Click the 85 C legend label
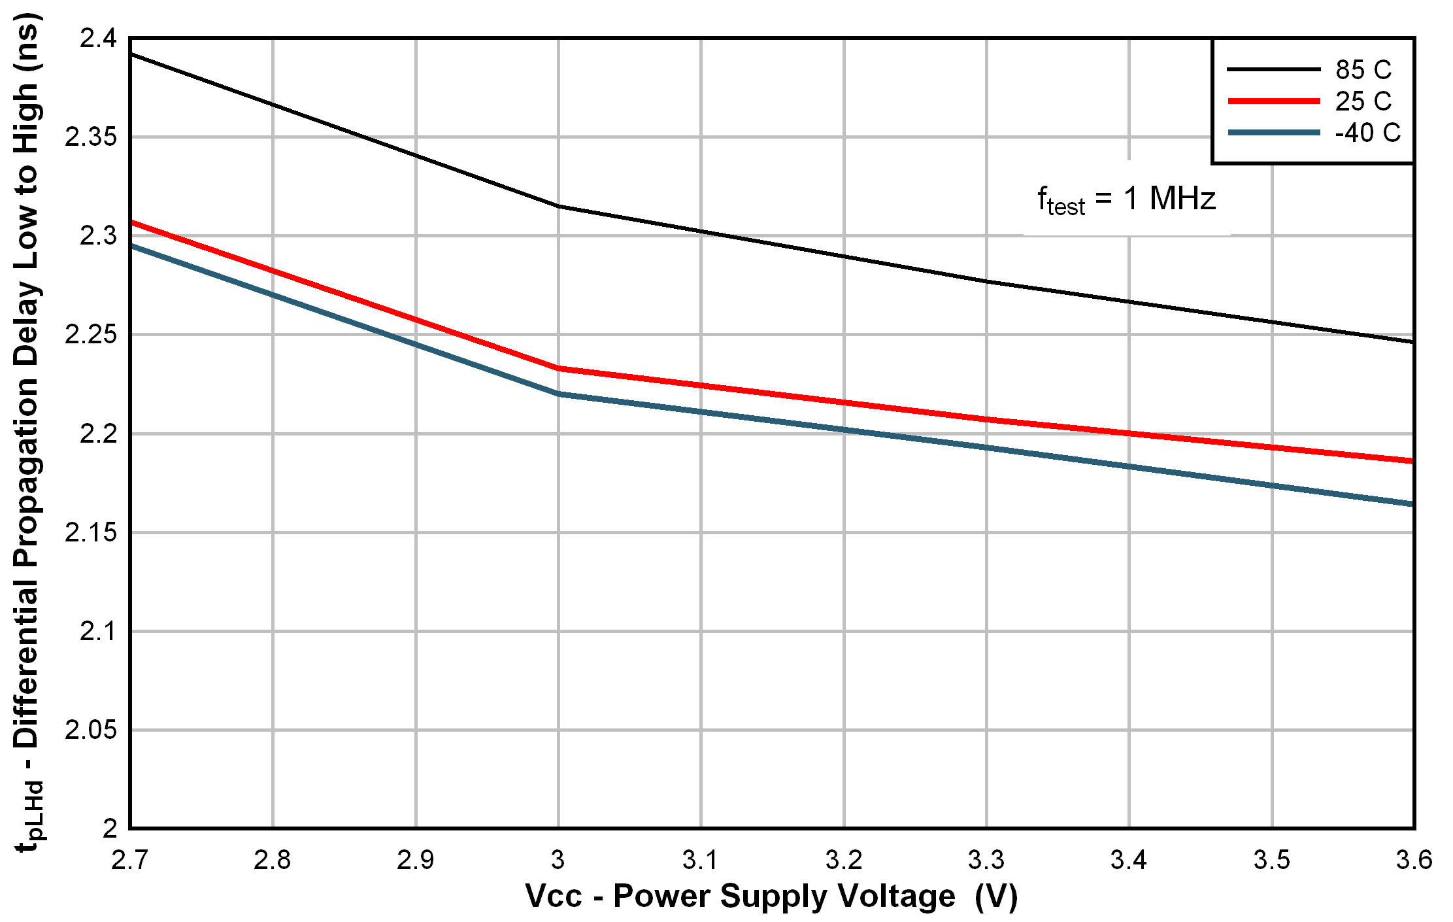tap(1363, 69)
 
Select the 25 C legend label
tap(1363, 101)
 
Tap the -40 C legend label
tap(1367, 133)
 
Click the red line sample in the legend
tap(1274, 101)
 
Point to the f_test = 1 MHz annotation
tap(1126, 199)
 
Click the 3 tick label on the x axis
tap(558, 860)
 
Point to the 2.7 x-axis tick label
tap(130, 860)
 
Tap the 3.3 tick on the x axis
tap(986, 860)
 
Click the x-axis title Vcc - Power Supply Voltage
tap(771, 896)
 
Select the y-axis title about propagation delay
tap(27, 432)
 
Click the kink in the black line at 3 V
tap(558, 206)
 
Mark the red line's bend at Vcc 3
tap(558, 368)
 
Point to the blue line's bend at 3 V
tap(558, 394)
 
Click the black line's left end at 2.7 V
tap(132, 54)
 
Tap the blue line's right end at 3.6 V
tap(1412, 504)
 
